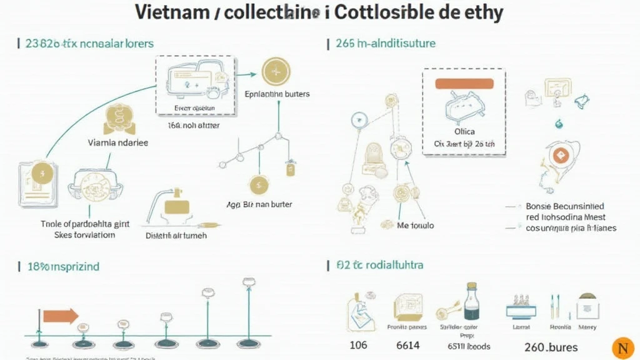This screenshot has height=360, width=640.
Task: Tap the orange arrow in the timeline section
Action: tap(61, 315)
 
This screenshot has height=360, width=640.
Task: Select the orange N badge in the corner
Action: tap(621, 347)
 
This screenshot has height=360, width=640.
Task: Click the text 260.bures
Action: tap(551, 347)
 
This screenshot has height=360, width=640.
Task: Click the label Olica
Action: tap(464, 131)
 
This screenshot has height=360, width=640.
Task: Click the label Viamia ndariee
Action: tap(118, 142)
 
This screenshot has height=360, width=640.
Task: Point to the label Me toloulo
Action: tap(416, 225)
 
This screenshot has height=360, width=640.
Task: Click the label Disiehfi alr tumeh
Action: tap(176, 236)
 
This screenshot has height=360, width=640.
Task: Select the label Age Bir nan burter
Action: tap(259, 204)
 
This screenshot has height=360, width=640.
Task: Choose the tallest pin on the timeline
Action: tap(248, 283)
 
